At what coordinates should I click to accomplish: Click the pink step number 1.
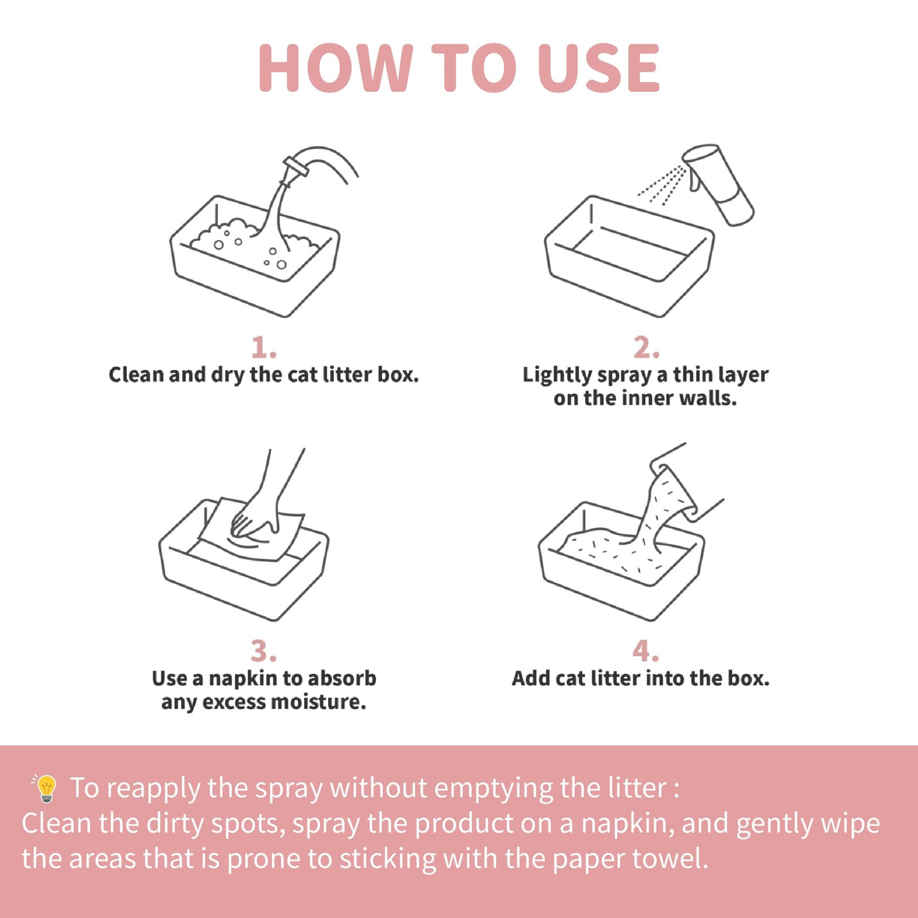pos(263,348)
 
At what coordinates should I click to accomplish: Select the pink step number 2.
pos(646,348)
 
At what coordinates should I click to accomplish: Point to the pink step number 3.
pos(263,651)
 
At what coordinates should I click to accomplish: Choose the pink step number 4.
pos(645,651)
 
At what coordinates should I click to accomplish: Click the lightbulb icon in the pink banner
pos(45,788)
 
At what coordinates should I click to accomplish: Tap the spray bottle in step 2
pos(718,184)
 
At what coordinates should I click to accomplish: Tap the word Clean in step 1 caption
pos(137,375)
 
